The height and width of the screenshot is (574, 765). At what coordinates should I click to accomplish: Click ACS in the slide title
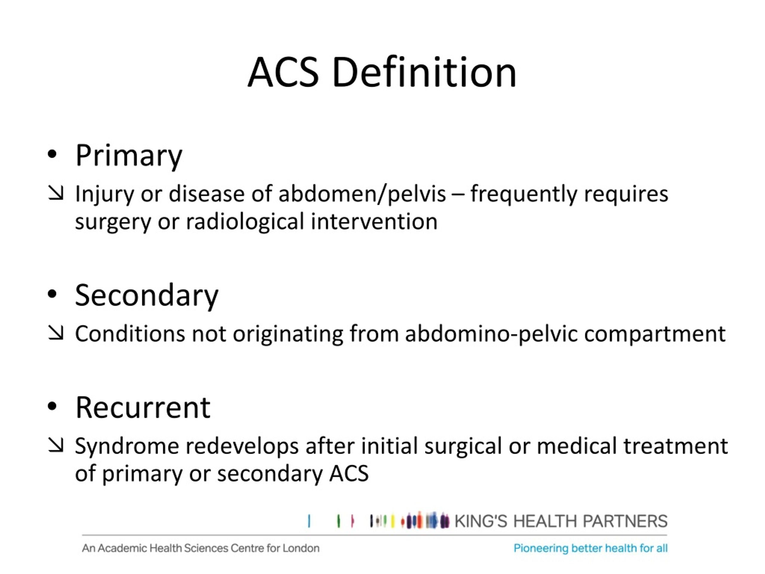tap(283, 73)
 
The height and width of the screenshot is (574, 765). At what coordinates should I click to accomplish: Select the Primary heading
tap(129, 156)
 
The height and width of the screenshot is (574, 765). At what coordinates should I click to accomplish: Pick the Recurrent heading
tap(143, 407)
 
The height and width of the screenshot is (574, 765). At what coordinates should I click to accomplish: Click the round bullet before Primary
tap(52, 155)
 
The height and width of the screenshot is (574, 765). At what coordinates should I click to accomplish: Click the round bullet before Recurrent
tap(52, 407)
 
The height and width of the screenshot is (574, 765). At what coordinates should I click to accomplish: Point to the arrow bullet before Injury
tap(56, 193)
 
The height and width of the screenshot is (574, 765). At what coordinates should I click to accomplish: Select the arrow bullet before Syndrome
tap(56, 445)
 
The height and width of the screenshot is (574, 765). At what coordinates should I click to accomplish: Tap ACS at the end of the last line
tap(349, 473)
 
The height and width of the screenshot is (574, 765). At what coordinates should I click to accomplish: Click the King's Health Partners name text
tap(560, 521)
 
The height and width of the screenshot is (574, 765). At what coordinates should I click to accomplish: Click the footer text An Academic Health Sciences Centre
tap(201, 548)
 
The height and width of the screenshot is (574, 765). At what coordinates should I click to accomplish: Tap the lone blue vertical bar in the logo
tap(309, 521)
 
